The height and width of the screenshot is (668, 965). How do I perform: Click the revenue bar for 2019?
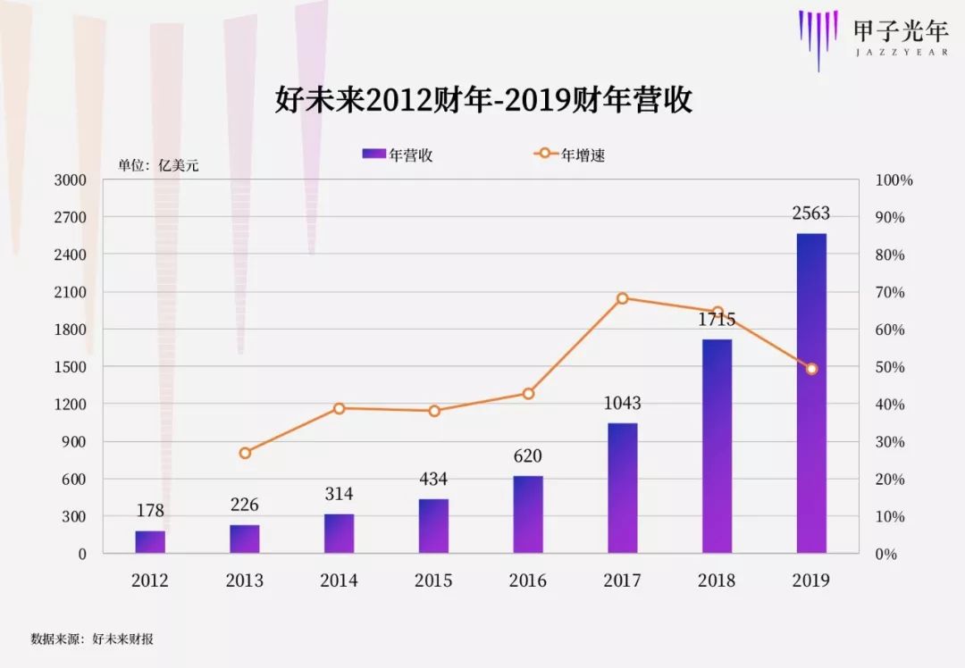(x=811, y=393)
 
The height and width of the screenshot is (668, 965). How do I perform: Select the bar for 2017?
(x=623, y=488)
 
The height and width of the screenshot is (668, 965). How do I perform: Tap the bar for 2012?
(x=150, y=542)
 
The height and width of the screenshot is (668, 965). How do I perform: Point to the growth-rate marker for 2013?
(x=245, y=453)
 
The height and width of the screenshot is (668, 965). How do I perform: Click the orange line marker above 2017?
(x=623, y=298)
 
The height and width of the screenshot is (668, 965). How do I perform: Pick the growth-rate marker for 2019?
(x=811, y=369)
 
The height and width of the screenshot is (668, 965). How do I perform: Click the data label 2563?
(x=811, y=213)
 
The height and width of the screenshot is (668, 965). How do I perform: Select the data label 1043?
(x=623, y=403)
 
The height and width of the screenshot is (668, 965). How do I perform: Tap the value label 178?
(x=150, y=511)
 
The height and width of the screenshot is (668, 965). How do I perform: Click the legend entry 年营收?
(x=399, y=154)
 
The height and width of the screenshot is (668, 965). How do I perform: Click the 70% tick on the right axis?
(x=889, y=292)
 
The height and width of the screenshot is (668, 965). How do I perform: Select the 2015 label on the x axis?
(x=433, y=580)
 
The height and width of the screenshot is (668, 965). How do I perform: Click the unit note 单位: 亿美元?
(x=158, y=165)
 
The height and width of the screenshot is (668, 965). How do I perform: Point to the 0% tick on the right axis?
(x=885, y=554)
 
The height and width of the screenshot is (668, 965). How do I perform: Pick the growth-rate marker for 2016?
(x=528, y=394)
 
